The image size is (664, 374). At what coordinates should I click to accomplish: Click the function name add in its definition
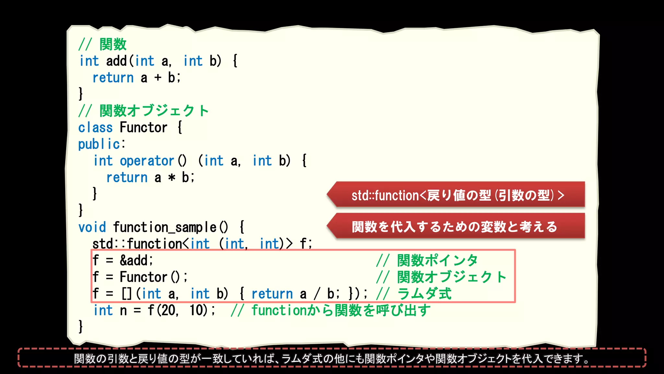[116, 61]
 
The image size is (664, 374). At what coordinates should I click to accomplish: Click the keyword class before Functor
[95, 128]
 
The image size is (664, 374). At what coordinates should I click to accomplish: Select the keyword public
[99, 144]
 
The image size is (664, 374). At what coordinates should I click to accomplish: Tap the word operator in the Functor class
[147, 161]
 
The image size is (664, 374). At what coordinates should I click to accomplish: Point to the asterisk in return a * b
[172, 178]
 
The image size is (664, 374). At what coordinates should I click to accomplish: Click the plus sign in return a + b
[158, 78]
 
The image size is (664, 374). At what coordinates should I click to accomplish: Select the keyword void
[92, 227]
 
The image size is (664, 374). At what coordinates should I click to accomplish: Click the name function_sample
[165, 227]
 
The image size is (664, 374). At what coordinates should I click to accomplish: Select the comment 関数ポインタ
[437, 260]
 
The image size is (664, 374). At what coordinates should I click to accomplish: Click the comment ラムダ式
[424, 294]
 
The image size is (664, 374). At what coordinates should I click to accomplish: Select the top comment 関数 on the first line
[113, 44]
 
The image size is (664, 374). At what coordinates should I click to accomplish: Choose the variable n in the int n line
[123, 311]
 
